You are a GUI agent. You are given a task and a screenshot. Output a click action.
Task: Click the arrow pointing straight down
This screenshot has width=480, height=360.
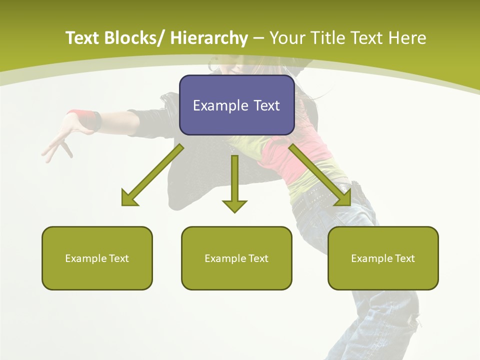click(234, 185)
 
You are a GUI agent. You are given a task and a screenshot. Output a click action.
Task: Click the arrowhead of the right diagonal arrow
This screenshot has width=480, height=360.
click(344, 199)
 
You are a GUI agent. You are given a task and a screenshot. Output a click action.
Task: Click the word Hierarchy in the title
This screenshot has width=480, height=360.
click(209, 38)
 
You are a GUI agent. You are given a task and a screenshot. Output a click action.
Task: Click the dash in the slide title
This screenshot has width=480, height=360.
click(258, 38)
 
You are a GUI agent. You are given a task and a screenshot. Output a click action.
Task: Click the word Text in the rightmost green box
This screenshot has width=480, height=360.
click(405, 258)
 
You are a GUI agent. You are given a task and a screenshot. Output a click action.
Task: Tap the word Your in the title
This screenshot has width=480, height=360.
click(287, 38)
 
